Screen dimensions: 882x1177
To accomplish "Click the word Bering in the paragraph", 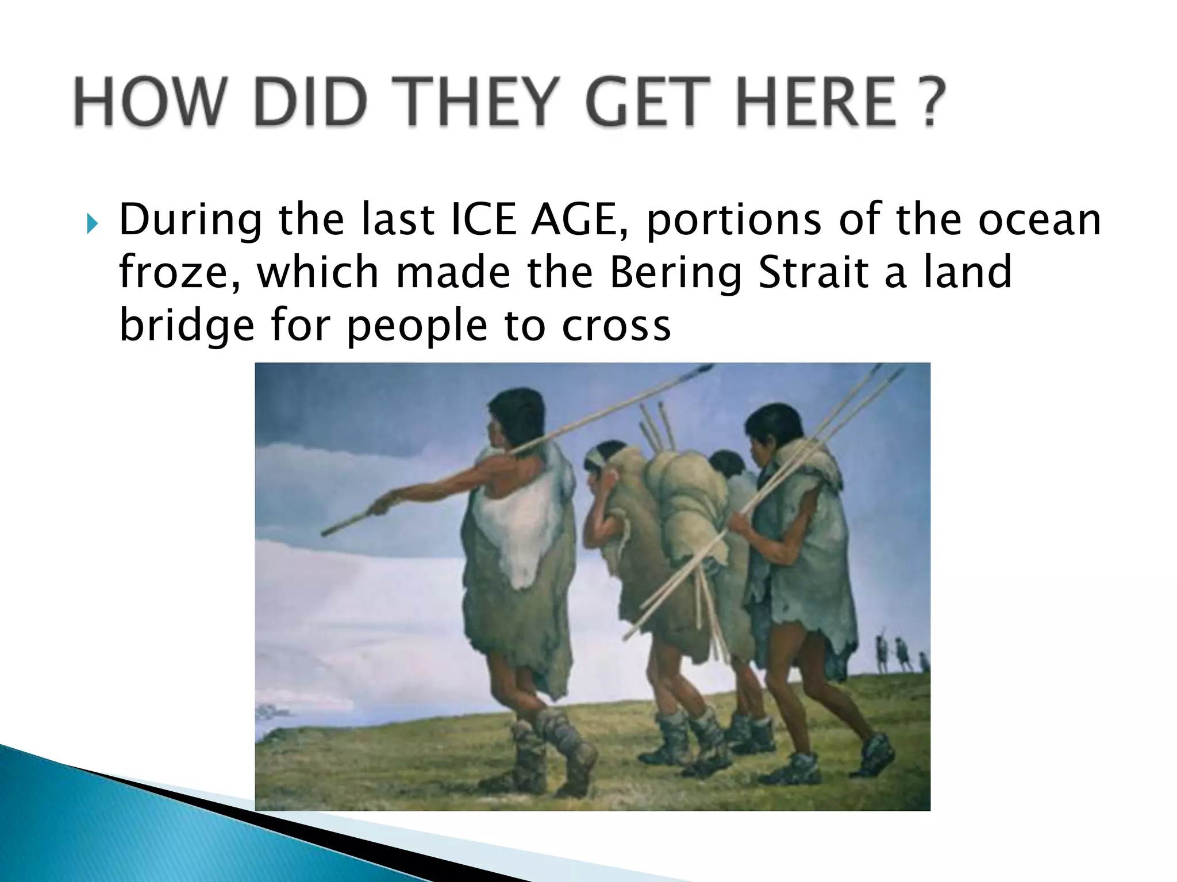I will [x=675, y=272].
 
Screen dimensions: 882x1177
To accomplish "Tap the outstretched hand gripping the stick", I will [x=382, y=505].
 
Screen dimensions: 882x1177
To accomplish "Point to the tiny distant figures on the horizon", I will [x=899, y=655].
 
